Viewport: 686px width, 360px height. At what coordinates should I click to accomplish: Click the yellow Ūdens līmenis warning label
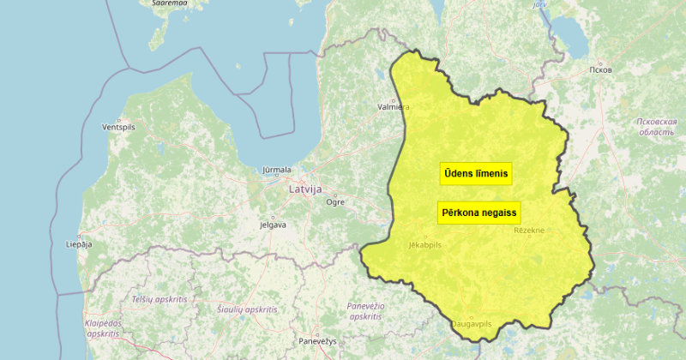tap(476, 173)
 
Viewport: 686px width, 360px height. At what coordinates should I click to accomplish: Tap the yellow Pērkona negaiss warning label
tap(479, 213)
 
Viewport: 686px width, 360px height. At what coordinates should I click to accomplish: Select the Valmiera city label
tap(394, 108)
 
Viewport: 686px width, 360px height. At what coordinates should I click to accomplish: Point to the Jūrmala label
tap(277, 170)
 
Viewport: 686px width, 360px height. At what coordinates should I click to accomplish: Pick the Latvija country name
tap(305, 189)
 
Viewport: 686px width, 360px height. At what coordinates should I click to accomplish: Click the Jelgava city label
tap(272, 225)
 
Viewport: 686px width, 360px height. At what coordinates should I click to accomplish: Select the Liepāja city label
tap(78, 244)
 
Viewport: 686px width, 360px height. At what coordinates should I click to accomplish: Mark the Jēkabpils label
tap(424, 245)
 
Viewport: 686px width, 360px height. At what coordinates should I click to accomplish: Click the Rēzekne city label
tap(529, 231)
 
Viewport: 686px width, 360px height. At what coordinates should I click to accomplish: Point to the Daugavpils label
tap(471, 324)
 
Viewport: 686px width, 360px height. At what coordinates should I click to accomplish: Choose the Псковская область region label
tap(657, 127)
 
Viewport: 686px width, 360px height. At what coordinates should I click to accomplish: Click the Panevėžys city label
tap(317, 341)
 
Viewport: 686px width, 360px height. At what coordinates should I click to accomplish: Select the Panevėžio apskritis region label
tap(366, 311)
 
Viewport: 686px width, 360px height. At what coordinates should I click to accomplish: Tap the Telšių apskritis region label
tap(159, 299)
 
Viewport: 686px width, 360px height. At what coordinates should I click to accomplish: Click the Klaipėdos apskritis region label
tap(103, 327)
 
